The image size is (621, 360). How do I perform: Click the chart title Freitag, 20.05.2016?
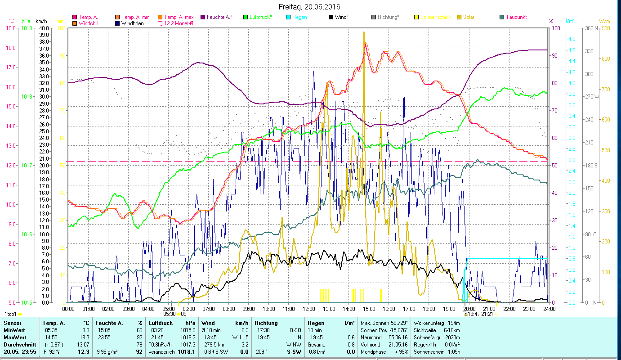[x=309, y=7]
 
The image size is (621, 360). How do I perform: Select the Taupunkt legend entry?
[x=516, y=17]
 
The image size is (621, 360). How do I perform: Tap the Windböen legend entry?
[x=132, y=23]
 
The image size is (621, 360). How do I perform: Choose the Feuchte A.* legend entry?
[x=219, y=17]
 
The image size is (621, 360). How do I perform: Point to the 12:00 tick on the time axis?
[x=309, y=309]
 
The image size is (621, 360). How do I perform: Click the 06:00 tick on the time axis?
[x=188, y=309]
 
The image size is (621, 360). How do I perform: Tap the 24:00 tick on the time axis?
[x=549, y=309]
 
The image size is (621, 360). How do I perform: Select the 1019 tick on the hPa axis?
[x=27, y=28]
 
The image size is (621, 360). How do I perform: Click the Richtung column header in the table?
[x=266, y=323]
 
